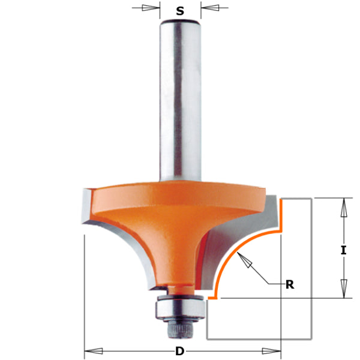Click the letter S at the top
point(181,10)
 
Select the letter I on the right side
point(343,250)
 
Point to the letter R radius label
point(290,284)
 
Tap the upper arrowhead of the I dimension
point(343,206)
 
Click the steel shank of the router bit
point(181,102)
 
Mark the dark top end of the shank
point(181,22)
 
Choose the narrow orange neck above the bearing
point(178,289)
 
